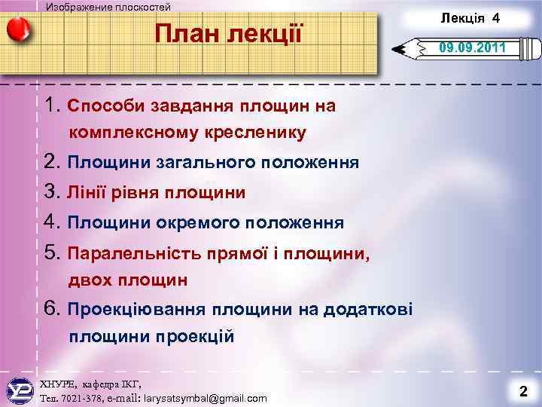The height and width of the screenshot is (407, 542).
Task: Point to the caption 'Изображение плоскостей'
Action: pyautogui.click(x=108, y=7)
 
